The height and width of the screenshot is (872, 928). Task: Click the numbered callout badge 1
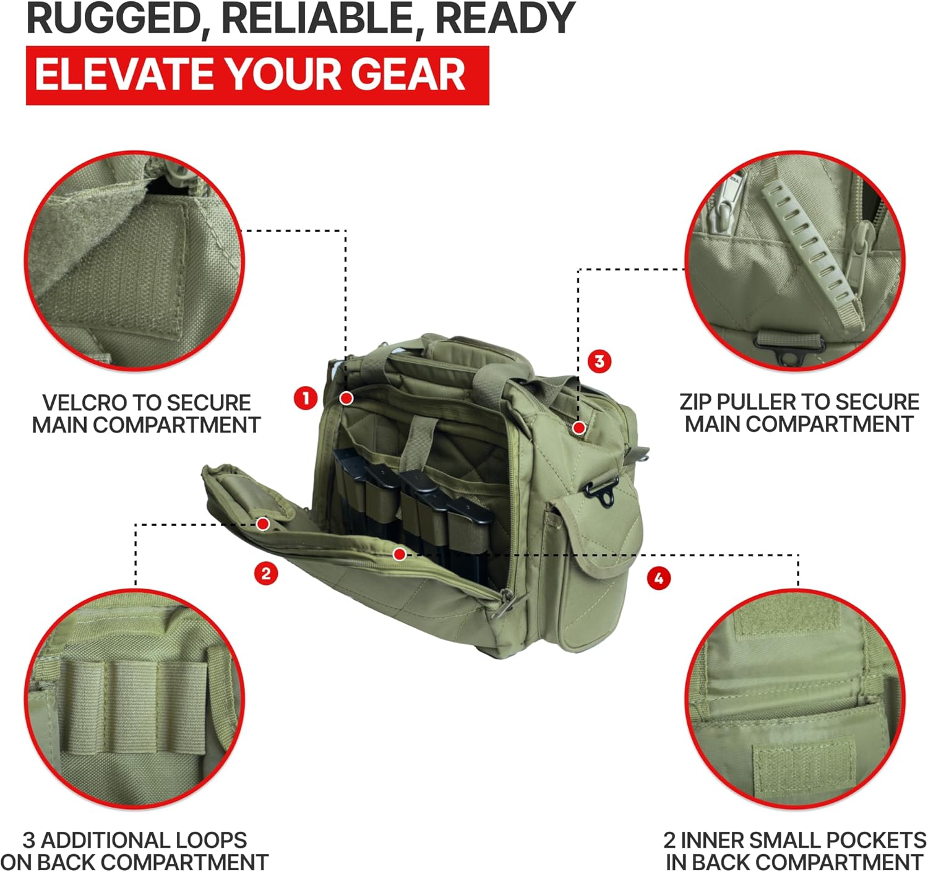coord(306,398)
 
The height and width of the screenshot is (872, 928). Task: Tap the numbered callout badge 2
coord(266,574)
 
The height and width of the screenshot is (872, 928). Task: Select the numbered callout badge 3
coord(599,361)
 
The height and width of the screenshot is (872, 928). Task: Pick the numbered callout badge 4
coord(658,578)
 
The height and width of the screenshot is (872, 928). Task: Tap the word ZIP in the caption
coord(696,402)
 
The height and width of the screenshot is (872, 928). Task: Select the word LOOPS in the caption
coord(211,840)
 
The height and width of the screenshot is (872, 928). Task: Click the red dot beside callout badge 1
coord(346,398)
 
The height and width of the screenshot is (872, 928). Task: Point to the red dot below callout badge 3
coord(579,427)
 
